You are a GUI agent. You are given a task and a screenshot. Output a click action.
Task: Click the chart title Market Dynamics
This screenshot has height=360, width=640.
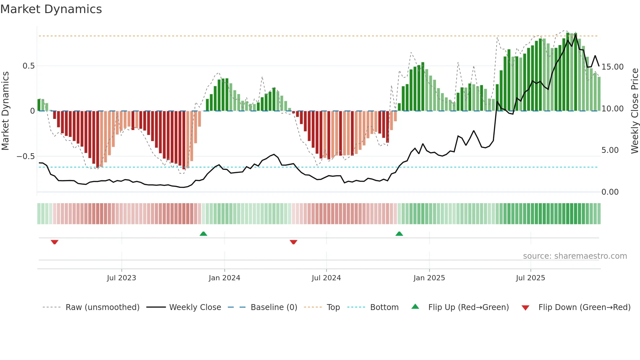[x=51, y=9]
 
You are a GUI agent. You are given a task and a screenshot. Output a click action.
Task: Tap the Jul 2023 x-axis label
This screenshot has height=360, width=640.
[x=121, y=278]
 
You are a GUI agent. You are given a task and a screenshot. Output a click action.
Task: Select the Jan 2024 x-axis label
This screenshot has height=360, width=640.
[x=224, y=278]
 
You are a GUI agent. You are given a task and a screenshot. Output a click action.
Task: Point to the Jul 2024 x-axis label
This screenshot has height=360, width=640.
[x=326, y=278]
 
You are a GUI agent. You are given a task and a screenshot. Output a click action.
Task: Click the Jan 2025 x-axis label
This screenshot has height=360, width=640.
[x=429, y=278]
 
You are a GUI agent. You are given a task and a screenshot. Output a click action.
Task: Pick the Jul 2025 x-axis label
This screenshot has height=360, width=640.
[x=531, y=278]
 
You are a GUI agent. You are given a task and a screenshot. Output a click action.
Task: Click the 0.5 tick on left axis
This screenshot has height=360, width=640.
[x=28, y=66]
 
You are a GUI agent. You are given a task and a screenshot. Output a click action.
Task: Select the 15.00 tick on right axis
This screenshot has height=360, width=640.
[x=612, y=67]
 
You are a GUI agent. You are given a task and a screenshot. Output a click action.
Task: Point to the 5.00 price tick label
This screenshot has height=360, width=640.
[x=610, y=150]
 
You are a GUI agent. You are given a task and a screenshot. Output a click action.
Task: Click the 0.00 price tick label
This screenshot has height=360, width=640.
[x=610, y=192]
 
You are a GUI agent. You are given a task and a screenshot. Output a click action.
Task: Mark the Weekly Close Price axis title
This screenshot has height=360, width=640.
[x=634, y=111]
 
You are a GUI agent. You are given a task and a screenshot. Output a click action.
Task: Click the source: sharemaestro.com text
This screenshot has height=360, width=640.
[x=575, y=256]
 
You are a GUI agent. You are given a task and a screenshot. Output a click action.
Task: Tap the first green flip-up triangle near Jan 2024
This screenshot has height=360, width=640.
[x=203, y=234]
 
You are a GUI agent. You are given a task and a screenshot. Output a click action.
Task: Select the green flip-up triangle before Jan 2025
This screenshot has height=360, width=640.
[x=399, y=234]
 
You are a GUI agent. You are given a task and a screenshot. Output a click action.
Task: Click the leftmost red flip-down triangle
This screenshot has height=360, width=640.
[x=55, y=242]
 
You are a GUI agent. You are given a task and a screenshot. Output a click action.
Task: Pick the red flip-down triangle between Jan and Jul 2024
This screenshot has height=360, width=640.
[x=294, y=242]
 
